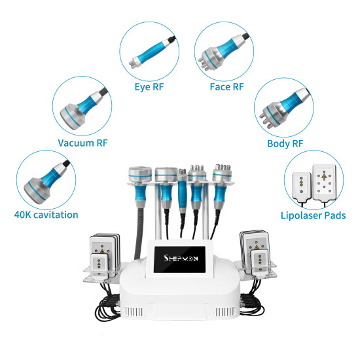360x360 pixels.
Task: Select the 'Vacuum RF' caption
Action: (x=83, y=143)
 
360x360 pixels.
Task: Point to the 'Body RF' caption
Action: (x=285, y=143)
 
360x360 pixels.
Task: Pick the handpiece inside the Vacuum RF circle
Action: (x=81, y=107)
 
